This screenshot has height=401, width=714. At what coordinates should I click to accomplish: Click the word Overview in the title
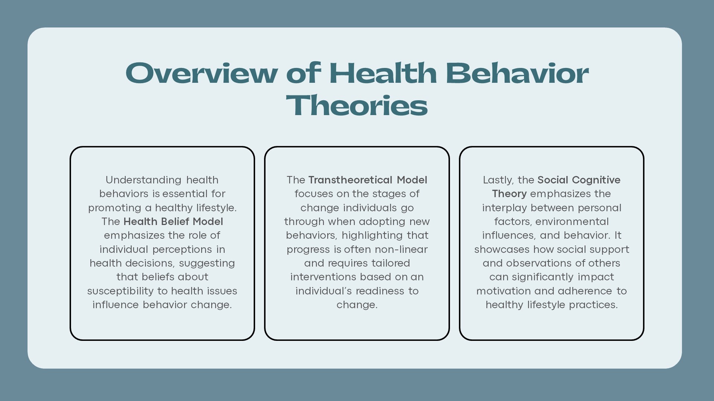202,73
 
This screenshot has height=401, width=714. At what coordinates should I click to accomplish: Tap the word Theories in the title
357,105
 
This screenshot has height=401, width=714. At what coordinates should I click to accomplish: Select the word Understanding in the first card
144,180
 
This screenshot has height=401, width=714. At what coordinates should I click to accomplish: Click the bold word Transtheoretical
350,180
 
